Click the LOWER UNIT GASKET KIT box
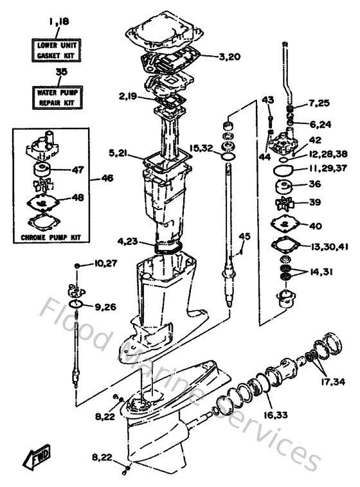pos(57,48)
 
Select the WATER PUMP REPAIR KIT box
pos(57,96)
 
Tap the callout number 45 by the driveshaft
pos(244,236)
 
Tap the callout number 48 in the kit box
pos(77,198)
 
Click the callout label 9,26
pos(105,306)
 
